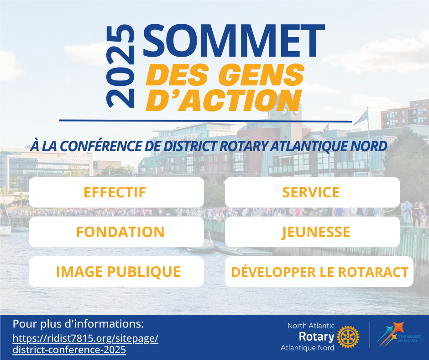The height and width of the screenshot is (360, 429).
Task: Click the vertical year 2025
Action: pos(120,66)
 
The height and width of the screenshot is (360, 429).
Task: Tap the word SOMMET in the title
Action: pos(234,41)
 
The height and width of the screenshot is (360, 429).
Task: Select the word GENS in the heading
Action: pos(262,74)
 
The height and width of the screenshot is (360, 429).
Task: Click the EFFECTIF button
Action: pos(116,192)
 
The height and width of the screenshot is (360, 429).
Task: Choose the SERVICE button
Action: pos(313,192)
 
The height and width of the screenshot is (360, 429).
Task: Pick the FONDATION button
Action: pos(116,232)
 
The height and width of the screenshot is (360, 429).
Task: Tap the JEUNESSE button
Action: pos(313,232)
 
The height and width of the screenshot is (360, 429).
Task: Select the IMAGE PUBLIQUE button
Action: pos(116,272)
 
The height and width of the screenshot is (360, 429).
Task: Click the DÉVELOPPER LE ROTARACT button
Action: pos(319,272)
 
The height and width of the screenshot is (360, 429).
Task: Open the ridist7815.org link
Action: pos(85,344)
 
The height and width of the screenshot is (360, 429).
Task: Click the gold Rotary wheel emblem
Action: pos(348,337)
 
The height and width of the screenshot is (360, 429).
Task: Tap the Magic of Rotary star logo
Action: pos(398,334)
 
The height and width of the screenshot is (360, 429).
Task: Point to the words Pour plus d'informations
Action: pos(78,324)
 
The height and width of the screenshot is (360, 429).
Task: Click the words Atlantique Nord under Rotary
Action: pos(307,348)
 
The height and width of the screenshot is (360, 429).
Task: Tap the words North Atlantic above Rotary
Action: pos(311,326)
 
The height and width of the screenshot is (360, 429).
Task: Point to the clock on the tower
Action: pos(284,111)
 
